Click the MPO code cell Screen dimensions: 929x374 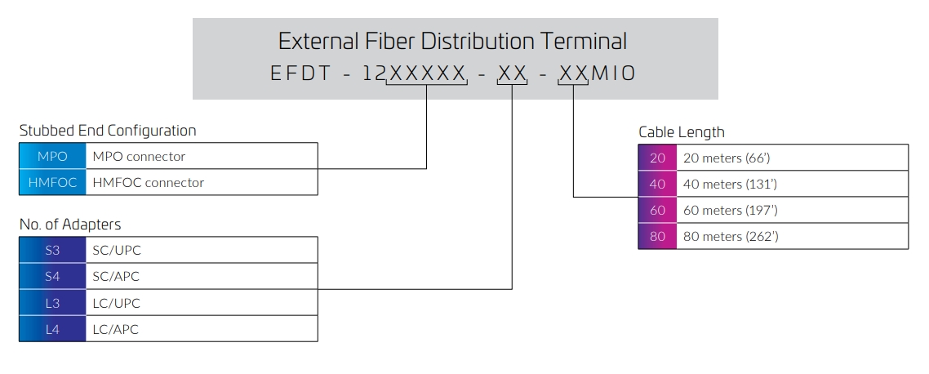click(x=53, y=157)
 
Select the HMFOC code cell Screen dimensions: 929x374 click(x=53, y=183)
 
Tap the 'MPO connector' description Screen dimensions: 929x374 click(x=140, y=157)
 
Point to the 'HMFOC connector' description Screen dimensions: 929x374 click(x=148, y=183)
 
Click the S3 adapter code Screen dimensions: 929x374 click(x=53, y=250)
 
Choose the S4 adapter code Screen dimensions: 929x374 click(x=53, y=276)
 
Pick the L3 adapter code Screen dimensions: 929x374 click(x=53, y=303)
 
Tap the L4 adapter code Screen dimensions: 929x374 click(x=53, y=329)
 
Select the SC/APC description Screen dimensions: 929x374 click(x=116, y=276)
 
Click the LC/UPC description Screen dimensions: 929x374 click(x=116, y=303)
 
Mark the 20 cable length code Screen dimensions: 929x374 click(x=658, y=158)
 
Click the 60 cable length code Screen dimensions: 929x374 click(x=658, y=210)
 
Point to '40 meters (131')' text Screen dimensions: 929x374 click(x=730, y=184)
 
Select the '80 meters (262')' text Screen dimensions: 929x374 click(x=731, y=236)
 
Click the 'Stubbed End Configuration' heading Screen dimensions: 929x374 click(x=108, y=131)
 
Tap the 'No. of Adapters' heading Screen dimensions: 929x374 click(x=70, y=225)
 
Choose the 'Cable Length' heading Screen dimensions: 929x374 click(x=682, y=132)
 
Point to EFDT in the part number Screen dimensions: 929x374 click(x=300, y=73)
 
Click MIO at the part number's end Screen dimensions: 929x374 click(x=614, y=73)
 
